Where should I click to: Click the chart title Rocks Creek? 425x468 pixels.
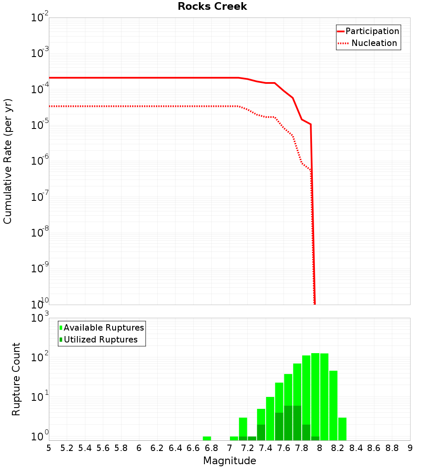pyautogui.click(x=212, y=6)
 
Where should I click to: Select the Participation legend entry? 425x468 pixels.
pyautogui.click(x=372, y=31)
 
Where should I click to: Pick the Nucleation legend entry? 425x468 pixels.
pyautogui.click(x=374, y=43)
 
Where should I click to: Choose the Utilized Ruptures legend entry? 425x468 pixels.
pyautogui.click(x=100, y=340)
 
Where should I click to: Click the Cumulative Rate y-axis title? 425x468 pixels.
pyautogui.click(x=8, y=161)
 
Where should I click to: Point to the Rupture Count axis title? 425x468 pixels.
pyautogui.click(x=16, y=379)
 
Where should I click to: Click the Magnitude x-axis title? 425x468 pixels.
pyautogui.click(x=229, y=461)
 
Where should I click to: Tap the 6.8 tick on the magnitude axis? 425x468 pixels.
pyautogui.click(x=211, y=448)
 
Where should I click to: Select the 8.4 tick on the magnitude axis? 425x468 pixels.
pyautogui.click(x=356, y=448)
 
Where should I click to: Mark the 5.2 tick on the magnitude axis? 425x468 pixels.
pyautogui.click(x=67, y=448)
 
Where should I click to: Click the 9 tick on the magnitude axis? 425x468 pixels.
pyautogui.click(x=410, y=448)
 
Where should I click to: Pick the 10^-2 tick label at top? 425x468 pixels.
pyautogui.click(x=39, y=17)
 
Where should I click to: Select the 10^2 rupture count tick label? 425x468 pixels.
pyautogui.click(x=39, y=357)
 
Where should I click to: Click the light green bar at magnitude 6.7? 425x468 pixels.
pyautogui.click(x=207, y=438)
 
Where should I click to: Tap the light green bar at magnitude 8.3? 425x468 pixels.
pyautogui.click(x=342, y=429)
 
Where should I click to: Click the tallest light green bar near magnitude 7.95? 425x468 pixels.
pyautogui.click(x=315, y=396)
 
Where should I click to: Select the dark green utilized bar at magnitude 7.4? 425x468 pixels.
pyautogui.click(x=261, y=432)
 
